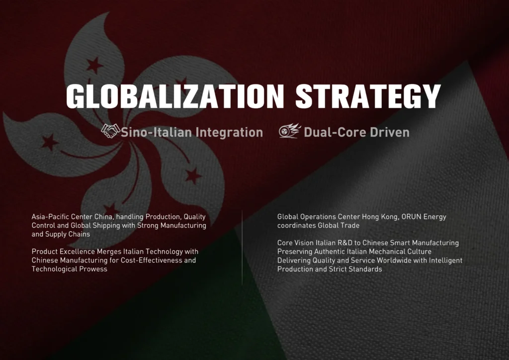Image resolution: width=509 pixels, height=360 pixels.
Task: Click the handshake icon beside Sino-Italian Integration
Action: click(x=110, y=131)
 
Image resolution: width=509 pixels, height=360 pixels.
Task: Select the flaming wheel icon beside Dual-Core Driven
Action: click(x=289, y=131)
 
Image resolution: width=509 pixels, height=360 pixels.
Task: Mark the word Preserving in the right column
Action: click(x=295, y=252)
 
